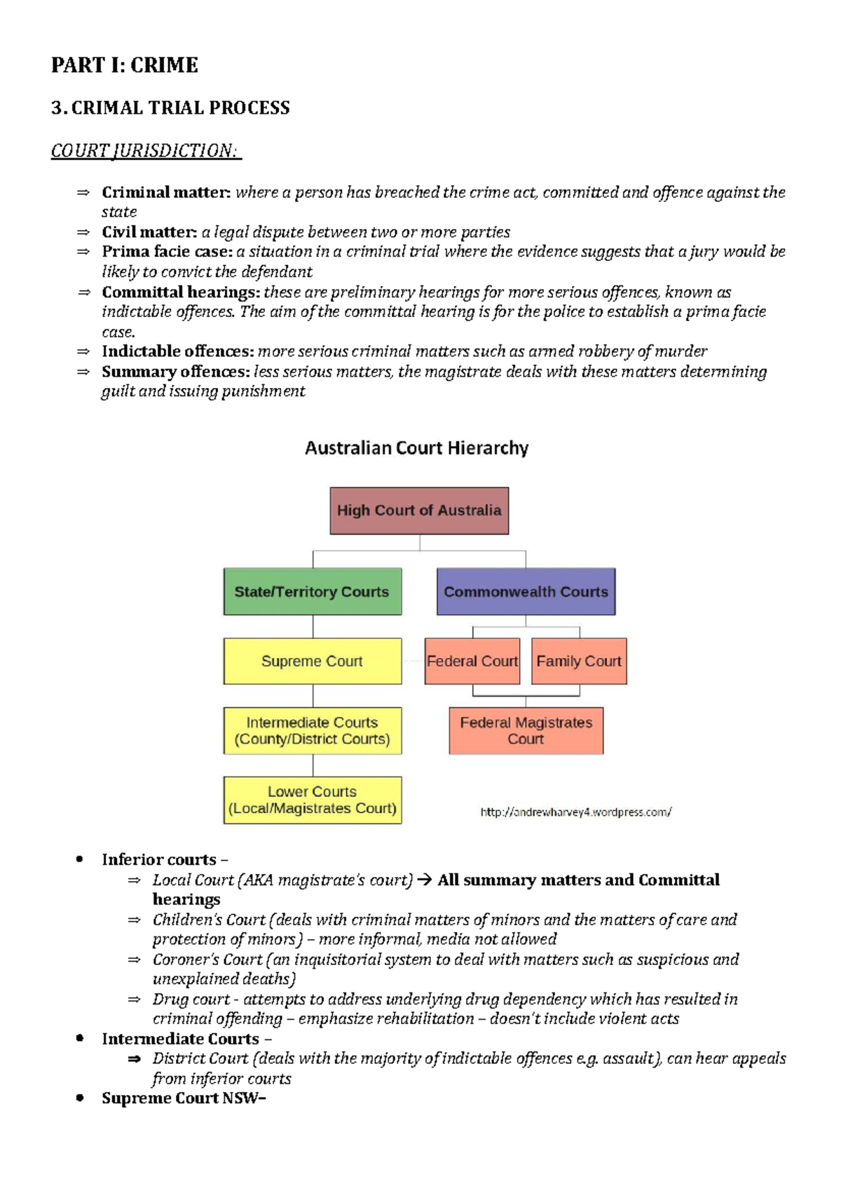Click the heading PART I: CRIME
(124, 65)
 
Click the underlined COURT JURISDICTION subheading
(145, 151)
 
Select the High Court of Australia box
(419, 511)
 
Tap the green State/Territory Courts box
(313, 591)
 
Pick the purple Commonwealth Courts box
(526, 591)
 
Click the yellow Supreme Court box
(313, 661)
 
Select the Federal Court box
(472, 661)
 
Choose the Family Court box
(579, 661)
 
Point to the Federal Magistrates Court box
(526, 730)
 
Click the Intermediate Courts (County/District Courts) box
(313, 730)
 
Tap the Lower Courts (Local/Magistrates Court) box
(313, 800)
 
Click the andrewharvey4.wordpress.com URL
(575, 812)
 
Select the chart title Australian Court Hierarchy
(417, 448)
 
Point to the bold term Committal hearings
(180, 292)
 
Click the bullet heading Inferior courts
(159, 860)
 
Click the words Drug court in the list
(191, 1000)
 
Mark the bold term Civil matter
(149, 232)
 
